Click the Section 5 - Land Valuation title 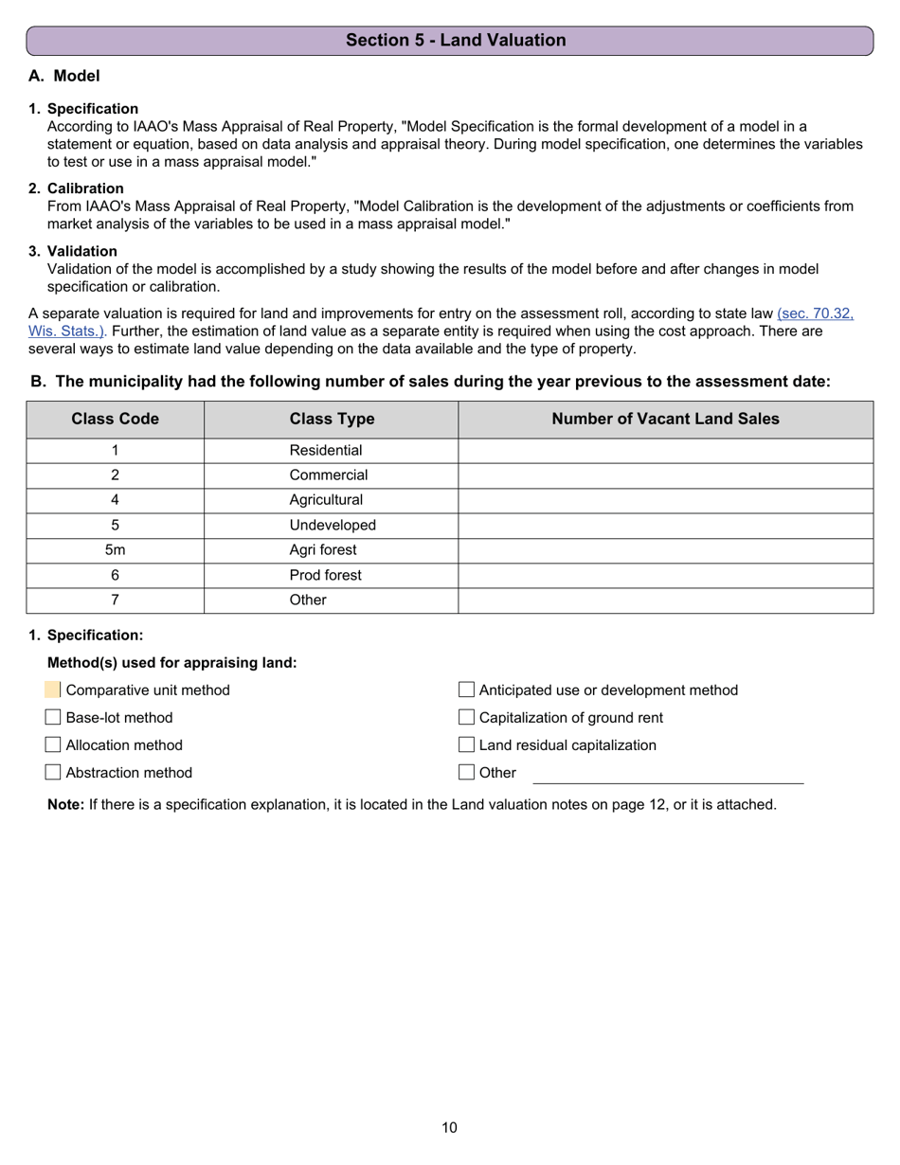click(456, 40)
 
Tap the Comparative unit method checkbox click(53, 690)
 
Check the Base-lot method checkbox click(53, 718)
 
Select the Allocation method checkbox click(53, 745)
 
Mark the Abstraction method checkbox click(53, 773)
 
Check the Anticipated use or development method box click(466, 690)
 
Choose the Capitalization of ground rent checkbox click(466, 718)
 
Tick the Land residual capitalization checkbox click(466, 745)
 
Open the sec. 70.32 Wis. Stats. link click(815, 313)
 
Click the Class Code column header click(115, 419)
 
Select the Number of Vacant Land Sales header click(665, 419)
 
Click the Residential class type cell click(326, 451)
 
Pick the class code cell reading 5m click(115, 550)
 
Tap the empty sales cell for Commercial click(665, 475)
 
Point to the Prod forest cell click(326, 575)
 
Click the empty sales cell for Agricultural click(665, 500)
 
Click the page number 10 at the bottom click(449, 1127)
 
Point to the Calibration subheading click(85, 188)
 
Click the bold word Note click(66, 805)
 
